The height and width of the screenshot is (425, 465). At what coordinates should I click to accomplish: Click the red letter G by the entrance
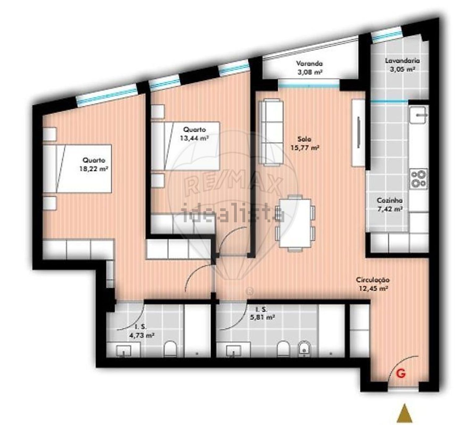point(401,380)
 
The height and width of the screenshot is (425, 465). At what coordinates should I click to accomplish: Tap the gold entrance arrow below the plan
point(405,413)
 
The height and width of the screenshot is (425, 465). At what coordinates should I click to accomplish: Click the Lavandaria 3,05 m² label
point(402,65)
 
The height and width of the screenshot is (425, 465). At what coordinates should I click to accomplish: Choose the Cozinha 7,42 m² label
point(389,204)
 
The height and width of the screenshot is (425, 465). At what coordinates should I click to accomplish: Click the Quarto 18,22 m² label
point(94,164)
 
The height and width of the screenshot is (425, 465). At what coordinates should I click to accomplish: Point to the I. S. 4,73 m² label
point(141,337)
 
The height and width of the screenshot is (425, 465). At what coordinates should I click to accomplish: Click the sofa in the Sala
point(271,132)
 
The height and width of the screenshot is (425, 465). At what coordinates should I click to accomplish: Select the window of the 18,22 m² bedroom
point(107,95)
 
